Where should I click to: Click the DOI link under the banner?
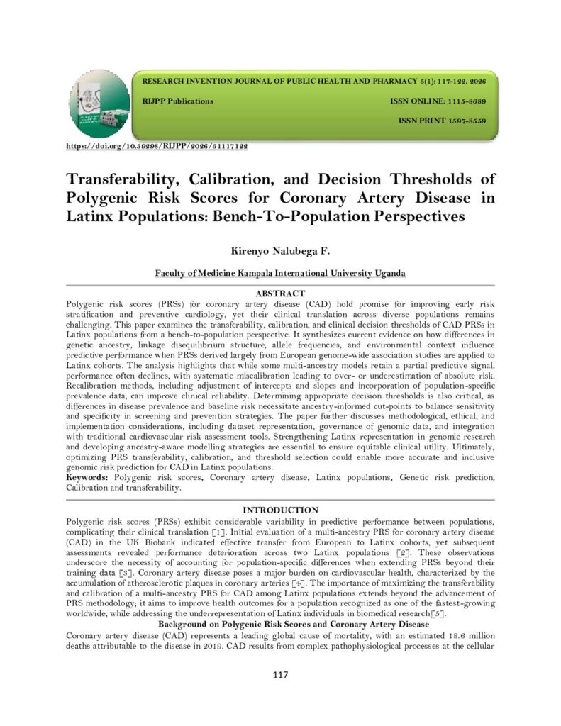pyautogui.click(x=157, y=146)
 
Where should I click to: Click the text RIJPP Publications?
pyautogui.click(x=178, y=101)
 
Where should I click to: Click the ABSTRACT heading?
pyautogui.click(x=280, y=294)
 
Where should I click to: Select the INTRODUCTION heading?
pyautogui.click(x=280, y=510)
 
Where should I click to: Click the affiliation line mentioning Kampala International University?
pyautogui.click(x=280, y=273)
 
